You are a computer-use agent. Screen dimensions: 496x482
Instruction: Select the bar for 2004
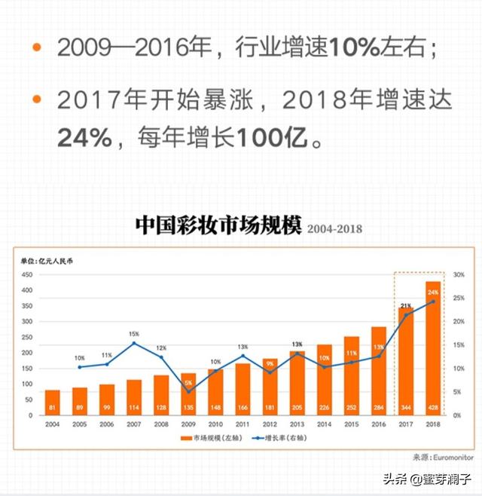click(x=52, y=402)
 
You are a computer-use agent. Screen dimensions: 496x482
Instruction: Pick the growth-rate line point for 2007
click(x=134, y=343)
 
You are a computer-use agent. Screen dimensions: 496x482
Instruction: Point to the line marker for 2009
click(x=188, y=390)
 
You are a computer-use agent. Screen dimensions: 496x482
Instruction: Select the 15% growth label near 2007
click(x=134, y=333)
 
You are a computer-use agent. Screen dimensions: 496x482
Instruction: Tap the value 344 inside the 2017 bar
click(x=406, y=408)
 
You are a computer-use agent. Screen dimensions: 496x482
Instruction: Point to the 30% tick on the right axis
click(x=458, y=275)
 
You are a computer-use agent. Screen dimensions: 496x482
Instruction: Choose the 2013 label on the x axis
click(x=297, y=425)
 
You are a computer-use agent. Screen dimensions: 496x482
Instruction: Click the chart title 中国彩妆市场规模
click(x=218, y=225)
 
